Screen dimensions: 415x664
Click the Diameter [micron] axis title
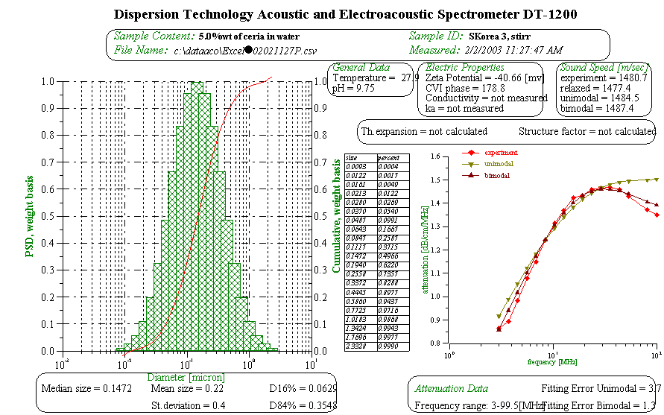click(186, 378)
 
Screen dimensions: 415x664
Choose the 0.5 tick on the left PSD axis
click(54, 216)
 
